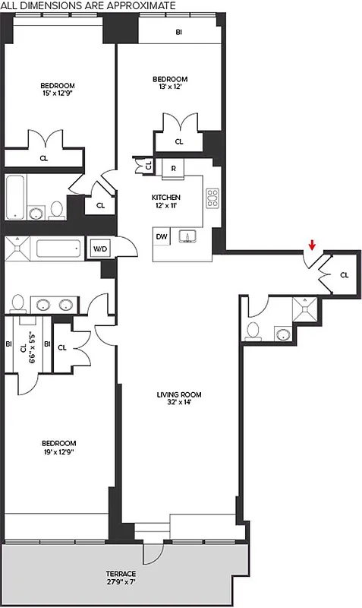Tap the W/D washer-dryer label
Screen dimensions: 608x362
99,249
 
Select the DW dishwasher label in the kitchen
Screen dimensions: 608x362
162,237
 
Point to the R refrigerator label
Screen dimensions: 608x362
173,168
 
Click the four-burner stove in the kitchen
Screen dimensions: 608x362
212,198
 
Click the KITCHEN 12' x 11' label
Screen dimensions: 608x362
165,201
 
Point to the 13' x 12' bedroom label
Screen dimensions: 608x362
169,84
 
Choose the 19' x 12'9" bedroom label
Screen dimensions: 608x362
58,448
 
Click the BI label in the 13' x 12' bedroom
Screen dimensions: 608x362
179,33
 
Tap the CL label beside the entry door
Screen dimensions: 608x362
344,275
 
